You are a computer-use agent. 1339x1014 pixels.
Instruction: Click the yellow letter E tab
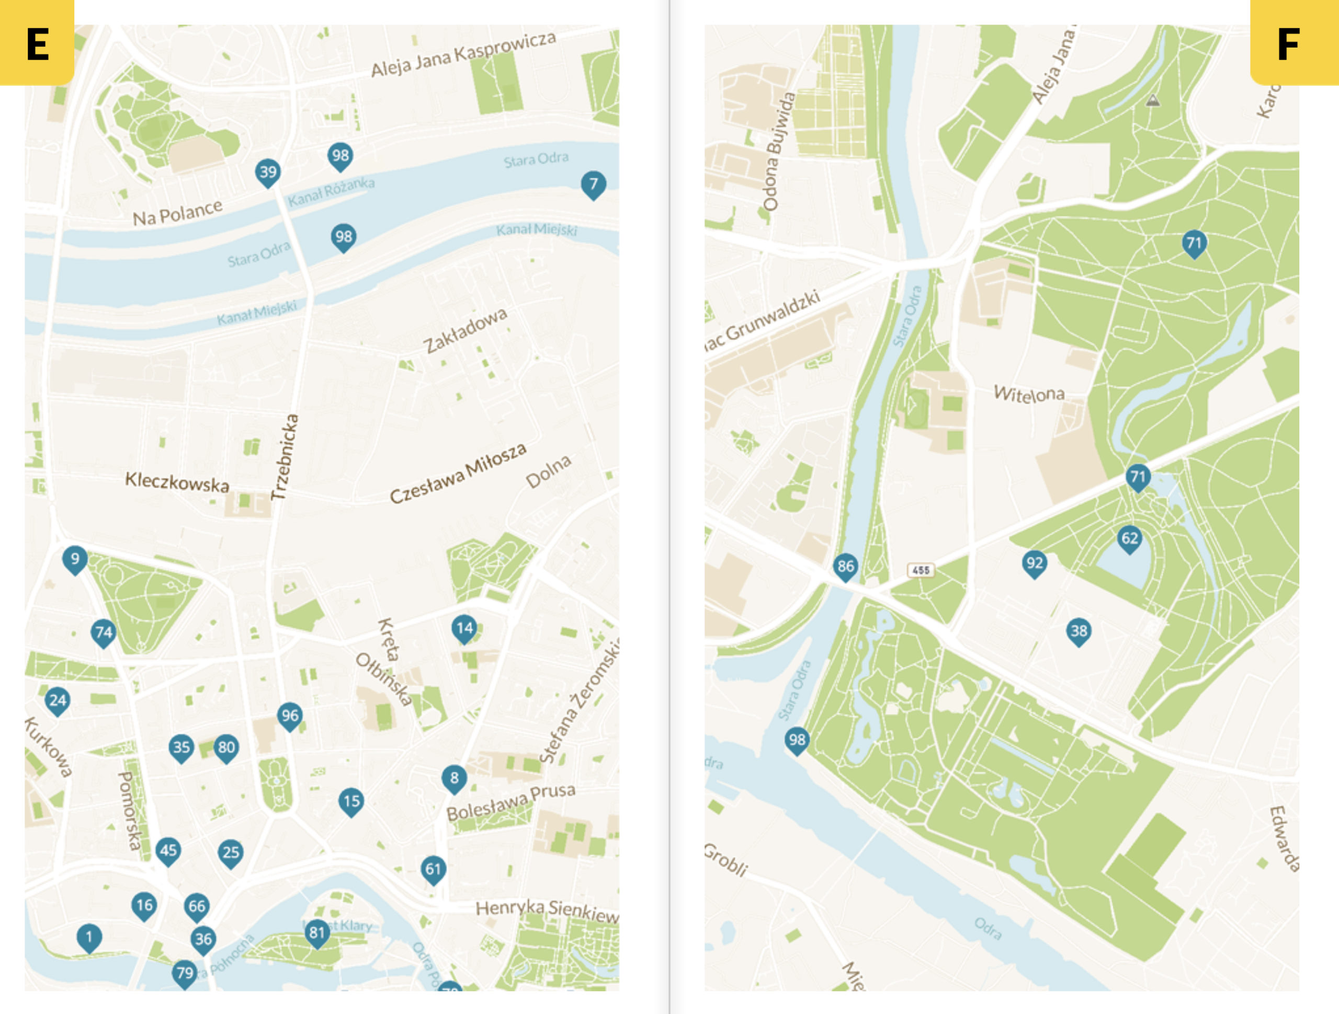click(36, 42)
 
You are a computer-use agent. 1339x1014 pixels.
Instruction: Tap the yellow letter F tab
click(1294, 42)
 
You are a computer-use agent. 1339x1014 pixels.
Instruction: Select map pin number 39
click(268, 172)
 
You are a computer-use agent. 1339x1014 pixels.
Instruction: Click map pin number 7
click(593, 184)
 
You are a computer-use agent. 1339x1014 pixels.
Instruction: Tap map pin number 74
click(104, 633)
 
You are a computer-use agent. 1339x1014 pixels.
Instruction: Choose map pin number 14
click(464, 628)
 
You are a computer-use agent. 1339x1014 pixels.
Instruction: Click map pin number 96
click(290, 716)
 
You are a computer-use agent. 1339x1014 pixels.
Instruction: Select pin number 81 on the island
click(317, 932)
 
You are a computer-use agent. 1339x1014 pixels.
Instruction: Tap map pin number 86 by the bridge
click(846, 566)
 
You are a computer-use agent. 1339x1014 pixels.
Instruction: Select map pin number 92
click(1035, 563)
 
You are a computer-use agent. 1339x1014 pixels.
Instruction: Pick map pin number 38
click(1079, 631)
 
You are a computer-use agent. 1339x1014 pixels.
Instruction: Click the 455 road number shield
click(921, 570)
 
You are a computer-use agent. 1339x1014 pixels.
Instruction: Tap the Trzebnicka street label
click(285, 457)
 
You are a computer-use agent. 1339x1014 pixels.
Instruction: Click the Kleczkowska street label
click(177, 482)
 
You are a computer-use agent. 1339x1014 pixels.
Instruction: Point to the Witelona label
click(1029, 394)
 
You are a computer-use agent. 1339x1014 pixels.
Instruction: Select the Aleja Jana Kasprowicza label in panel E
click(463, 54)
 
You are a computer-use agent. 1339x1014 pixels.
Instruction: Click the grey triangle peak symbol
click(1153, 100)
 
